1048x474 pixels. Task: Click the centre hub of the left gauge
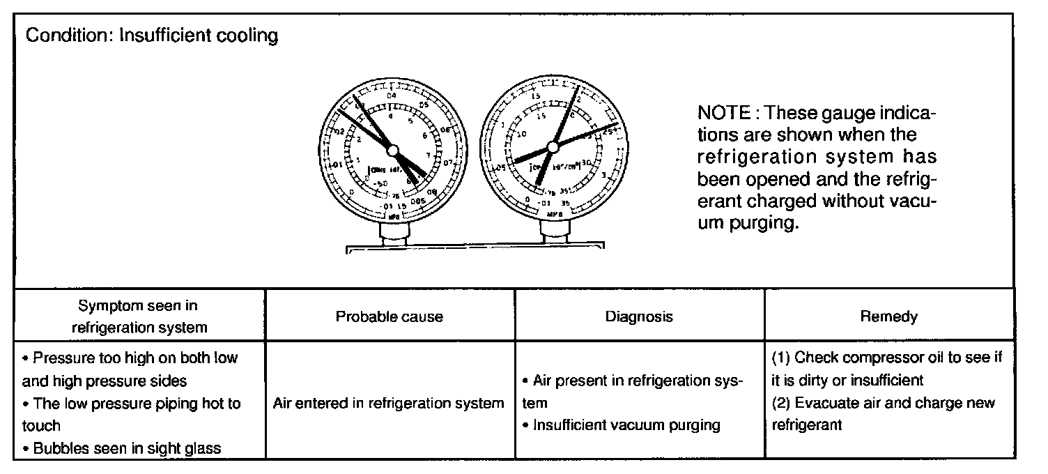(x=392, y=150)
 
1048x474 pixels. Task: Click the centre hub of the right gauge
(x=553, y=146)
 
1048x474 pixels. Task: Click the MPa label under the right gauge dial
(x=555, y=214)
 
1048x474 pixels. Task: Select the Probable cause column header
(x=390, y=316)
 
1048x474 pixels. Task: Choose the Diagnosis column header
(x=639, y=316)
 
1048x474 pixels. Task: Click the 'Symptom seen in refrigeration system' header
(x=139, y=316)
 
